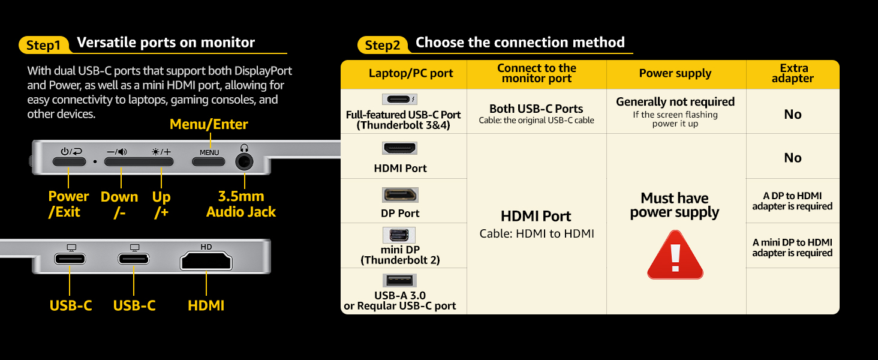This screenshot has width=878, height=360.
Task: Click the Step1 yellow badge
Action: click(44, 45)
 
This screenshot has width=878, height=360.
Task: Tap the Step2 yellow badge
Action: click(383, 45)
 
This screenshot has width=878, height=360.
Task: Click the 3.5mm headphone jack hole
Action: click(244, 161)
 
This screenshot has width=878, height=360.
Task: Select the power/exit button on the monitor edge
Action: click(69, 161)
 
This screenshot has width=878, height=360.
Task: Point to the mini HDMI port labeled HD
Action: click(206, 261)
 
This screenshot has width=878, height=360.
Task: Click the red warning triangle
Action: click(675, 255)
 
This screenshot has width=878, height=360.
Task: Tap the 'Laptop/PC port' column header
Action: click(411, 73)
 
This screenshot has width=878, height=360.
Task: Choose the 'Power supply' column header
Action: click(675, 73)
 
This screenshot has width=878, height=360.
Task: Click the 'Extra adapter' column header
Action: click(793, 73)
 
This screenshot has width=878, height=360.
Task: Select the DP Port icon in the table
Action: click(400, 195)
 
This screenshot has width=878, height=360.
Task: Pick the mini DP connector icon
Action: click(399, 235)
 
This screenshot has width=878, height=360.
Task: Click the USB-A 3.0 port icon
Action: click(399, 280)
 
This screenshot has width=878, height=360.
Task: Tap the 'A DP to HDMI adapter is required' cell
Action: click(792, 201)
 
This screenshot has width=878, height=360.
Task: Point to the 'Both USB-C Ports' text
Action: click(536, 109)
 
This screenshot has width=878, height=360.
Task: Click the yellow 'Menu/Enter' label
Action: click(209, 124)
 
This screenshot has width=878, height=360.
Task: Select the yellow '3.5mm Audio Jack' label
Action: click(241, 204)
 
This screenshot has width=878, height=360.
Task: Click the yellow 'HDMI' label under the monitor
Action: click(206, 305)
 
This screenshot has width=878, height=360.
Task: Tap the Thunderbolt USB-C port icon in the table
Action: click(399, 99)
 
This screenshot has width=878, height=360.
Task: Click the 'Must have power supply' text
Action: click(675, 205)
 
